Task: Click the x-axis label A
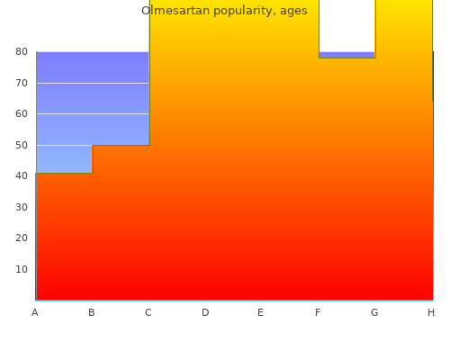[x=35, y=312]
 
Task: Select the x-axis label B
[x=92, y=312]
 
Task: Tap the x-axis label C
[x=148, y=312]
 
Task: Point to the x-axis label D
[x=205, y=312]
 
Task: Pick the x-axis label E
[x=260, y=312]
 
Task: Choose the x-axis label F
[x=318, y=312]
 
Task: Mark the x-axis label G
[x=374, y=312]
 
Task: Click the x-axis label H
[x=431, y=312]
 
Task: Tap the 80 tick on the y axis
[x=22, y=51]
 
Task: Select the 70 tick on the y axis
[x=22, y=83]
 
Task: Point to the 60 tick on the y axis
[x=22, y=113]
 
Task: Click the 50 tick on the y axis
[x=22, y=145]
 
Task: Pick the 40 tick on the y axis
[x=22, y=175]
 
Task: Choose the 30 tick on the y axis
[x=22, y=207]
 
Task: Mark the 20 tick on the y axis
[x=22, y=238]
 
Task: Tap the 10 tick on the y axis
[x=22, y=269]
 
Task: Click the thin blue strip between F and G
[x=346, y=55]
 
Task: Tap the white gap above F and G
[x=347, y=26]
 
